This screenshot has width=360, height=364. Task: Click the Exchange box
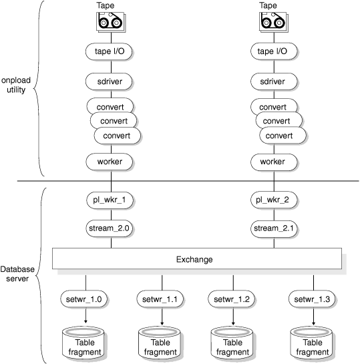197,258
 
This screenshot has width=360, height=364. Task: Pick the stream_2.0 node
109,228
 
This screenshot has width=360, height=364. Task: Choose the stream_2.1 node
273,228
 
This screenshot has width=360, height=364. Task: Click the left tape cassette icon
110,23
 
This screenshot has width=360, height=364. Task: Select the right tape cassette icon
273,23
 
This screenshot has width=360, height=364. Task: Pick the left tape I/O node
109,51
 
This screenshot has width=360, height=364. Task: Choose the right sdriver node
273,81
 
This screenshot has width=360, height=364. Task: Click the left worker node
109,162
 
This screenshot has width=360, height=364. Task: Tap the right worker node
273,162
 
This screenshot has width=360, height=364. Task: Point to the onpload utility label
14,84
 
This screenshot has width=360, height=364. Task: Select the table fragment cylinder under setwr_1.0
85,341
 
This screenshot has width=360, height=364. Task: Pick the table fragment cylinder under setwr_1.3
313,341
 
